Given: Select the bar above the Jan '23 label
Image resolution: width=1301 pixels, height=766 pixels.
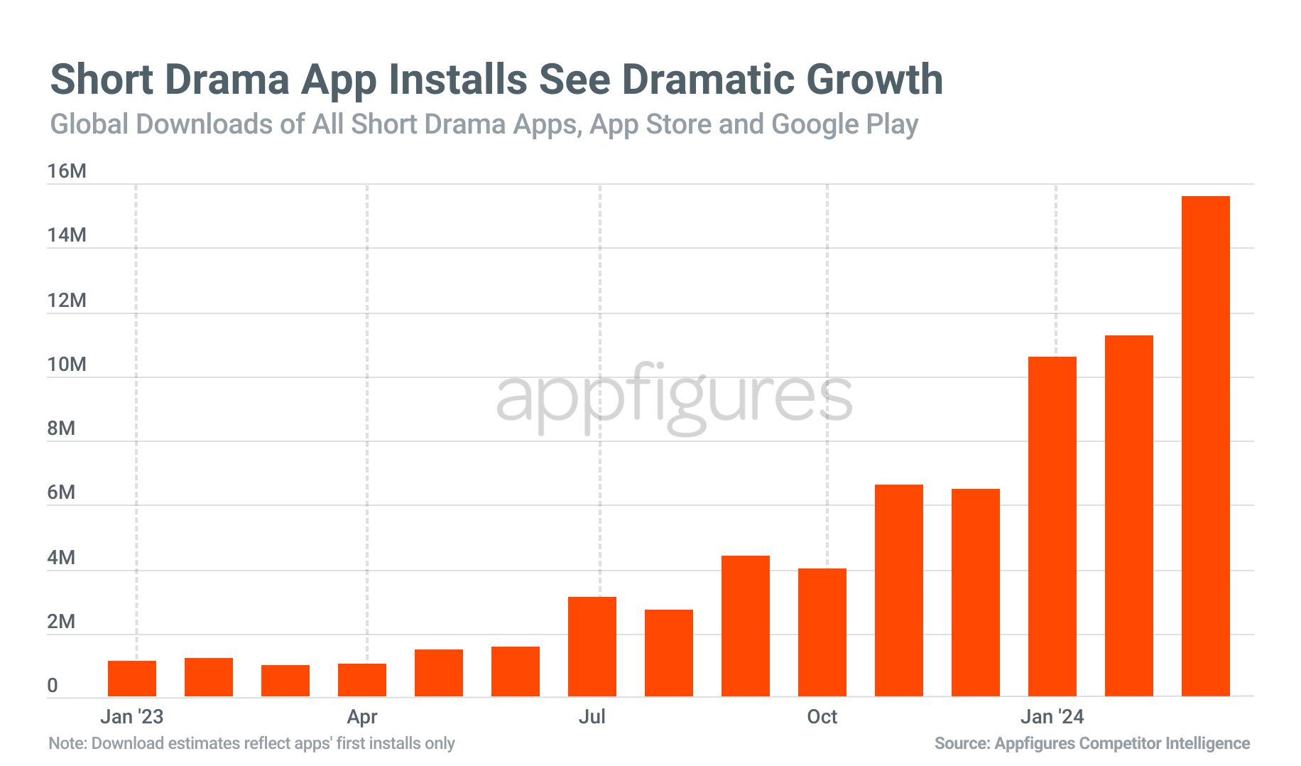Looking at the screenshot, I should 132,679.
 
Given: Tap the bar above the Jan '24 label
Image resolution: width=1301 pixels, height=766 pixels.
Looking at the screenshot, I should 1052,527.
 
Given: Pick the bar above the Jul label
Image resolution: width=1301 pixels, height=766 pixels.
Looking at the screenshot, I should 592,647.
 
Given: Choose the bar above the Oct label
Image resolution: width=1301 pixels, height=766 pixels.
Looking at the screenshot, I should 822,632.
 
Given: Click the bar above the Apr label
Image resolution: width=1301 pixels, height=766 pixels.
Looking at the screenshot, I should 362,680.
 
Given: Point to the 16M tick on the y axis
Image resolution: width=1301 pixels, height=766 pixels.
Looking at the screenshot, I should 67,171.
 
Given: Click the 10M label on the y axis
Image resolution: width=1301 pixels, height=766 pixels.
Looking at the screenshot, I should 67,365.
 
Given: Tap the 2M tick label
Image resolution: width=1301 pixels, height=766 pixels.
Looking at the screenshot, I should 61,622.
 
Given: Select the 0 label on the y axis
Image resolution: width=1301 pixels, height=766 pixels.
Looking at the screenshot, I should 53,686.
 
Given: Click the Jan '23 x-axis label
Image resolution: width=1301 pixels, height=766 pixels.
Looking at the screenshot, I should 132,716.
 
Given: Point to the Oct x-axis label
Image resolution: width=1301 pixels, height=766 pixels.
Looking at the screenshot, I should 822,716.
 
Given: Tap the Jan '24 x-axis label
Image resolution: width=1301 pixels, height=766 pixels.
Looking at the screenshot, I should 1052,716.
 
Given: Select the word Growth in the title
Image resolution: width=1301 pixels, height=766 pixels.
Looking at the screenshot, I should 874,79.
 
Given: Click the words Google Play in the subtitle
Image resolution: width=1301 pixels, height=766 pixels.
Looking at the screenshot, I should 844,124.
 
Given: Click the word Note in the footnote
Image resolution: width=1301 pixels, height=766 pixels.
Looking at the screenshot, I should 66,743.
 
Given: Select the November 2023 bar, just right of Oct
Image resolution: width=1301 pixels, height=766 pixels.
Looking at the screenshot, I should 898,590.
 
